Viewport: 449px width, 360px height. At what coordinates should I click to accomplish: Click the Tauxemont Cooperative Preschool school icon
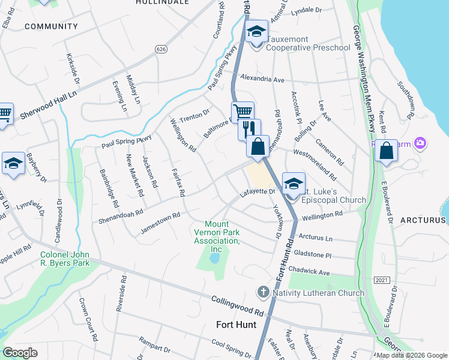pos(257,32)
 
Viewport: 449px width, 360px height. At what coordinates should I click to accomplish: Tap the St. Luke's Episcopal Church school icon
pos(294,184)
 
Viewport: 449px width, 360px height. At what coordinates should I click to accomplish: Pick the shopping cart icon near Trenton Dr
pos(243,112)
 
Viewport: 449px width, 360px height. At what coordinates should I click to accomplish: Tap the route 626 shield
pos(160,49)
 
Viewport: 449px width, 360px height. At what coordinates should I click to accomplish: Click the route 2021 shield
pos(381,280)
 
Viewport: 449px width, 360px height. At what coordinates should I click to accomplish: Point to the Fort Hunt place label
pos(236,325)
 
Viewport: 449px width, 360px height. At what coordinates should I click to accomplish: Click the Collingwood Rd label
pos(238,306)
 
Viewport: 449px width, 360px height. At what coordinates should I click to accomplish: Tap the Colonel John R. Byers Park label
pos(64,258)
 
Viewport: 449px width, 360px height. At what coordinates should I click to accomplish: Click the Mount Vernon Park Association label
pos(216,236)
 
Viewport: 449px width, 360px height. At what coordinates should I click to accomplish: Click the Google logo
pos(20,352)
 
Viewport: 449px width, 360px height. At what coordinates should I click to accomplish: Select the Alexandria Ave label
pos(262,79)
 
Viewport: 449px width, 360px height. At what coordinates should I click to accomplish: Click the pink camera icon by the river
pos(421,142)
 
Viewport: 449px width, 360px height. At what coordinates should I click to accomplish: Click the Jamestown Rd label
pos(160,223)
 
